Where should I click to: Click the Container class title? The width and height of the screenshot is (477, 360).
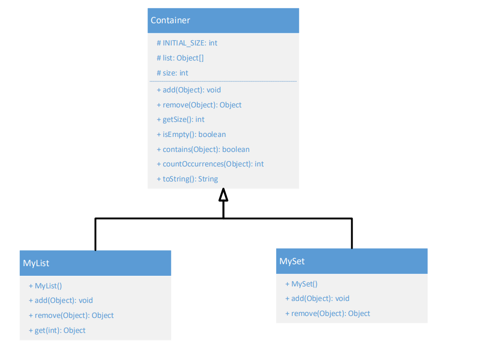(x=170, y=20)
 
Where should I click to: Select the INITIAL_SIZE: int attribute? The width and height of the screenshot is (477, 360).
(x=187, y=43)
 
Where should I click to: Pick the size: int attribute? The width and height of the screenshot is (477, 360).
(x=172, y=73)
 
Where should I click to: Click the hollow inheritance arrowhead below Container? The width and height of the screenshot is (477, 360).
(x=223, y=195)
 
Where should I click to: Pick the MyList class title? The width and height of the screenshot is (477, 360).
(x=36, y=263)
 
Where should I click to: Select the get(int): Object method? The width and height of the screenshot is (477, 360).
(x=57, y=330)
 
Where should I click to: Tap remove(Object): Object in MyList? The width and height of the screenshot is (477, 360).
(x=71, y=315)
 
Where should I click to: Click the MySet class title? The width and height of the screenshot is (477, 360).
(x=292, y=261)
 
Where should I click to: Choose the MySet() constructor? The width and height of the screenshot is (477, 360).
(x=301, y=284)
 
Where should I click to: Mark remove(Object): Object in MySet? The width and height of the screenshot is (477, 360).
(x=328, y=314)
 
